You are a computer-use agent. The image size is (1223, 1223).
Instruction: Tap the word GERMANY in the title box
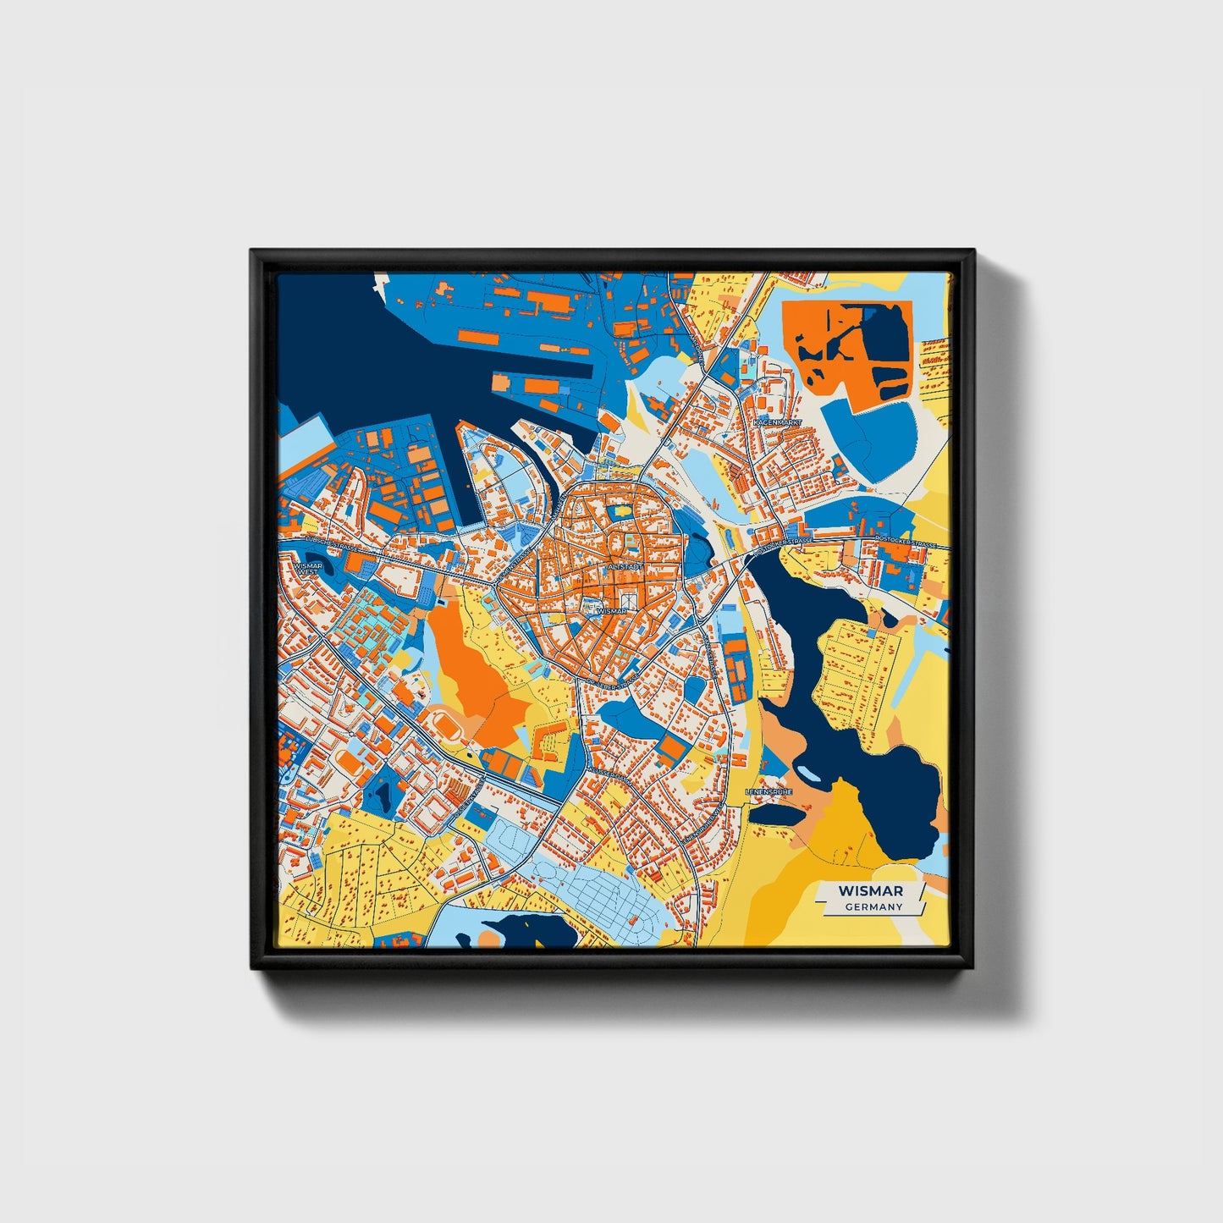coord(873,906)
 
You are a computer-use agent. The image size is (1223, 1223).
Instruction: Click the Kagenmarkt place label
coord(776,421)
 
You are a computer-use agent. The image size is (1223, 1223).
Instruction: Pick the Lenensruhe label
coord(769,791)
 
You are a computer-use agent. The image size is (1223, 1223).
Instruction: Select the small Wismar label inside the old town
coord(611,610)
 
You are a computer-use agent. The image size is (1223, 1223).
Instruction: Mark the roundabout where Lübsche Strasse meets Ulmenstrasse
coord(494,583)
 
